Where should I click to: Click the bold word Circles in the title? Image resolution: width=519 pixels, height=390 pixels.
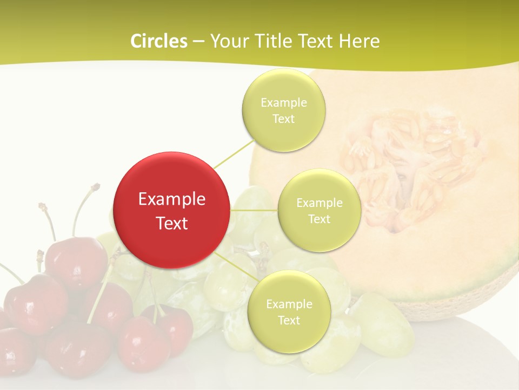[x=158, y=41]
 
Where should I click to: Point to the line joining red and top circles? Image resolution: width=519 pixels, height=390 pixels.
[x=234, y=154]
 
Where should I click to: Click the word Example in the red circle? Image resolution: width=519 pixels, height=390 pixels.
[x=172, y=199]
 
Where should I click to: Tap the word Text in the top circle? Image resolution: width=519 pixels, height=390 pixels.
[x=283, y=119]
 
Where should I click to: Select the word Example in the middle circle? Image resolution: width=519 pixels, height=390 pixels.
[x=320, y=203]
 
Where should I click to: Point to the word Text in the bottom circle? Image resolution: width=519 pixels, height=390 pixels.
[x=289, y=321]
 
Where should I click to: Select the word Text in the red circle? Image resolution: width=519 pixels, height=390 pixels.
[x=172, y=223]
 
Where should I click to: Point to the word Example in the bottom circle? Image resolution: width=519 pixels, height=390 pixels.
[x=289, y=304]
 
